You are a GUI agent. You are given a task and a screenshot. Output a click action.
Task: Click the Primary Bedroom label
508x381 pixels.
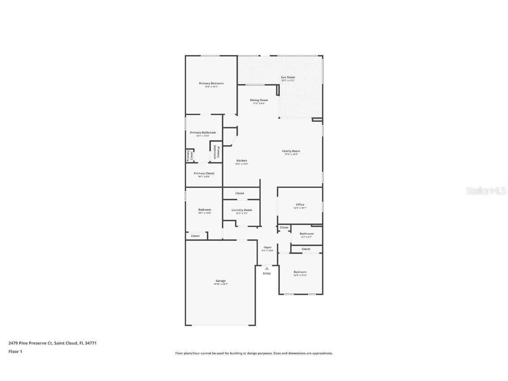(211, 83)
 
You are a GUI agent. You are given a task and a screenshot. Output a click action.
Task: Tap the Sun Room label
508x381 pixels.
(288, 77)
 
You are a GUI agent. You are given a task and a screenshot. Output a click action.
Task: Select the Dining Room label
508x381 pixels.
(259, 100)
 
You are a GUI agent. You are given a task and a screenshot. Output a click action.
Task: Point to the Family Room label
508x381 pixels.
(291, 151)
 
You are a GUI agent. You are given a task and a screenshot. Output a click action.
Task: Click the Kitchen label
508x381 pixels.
(242, 161)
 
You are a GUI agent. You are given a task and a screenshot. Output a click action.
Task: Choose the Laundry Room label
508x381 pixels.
(242, 210)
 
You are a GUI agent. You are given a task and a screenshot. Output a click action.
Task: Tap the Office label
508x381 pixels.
(300, 205)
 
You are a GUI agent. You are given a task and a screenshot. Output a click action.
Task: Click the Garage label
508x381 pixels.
(220, 281)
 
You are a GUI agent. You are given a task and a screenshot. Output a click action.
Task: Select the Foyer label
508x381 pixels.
(268, 247)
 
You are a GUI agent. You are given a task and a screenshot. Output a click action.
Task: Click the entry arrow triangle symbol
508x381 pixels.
(267, 268)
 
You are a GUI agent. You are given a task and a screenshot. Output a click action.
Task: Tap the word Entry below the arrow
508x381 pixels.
(267, 273)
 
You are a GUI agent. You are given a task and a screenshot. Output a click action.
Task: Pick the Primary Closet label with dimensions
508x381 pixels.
(204, 173)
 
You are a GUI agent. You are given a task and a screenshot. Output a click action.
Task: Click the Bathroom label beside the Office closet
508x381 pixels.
(306, 234)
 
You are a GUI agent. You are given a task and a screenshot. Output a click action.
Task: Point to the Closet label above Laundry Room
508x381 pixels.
(239, 193)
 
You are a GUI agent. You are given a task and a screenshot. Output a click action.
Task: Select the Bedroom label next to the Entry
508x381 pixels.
(300, 272)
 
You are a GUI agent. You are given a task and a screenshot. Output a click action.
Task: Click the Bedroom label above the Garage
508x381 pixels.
(205, 209)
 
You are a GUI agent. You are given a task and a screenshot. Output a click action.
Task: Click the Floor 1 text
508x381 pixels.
(15, 351)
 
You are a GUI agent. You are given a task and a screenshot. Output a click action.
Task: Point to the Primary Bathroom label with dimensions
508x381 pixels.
(203, 132)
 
